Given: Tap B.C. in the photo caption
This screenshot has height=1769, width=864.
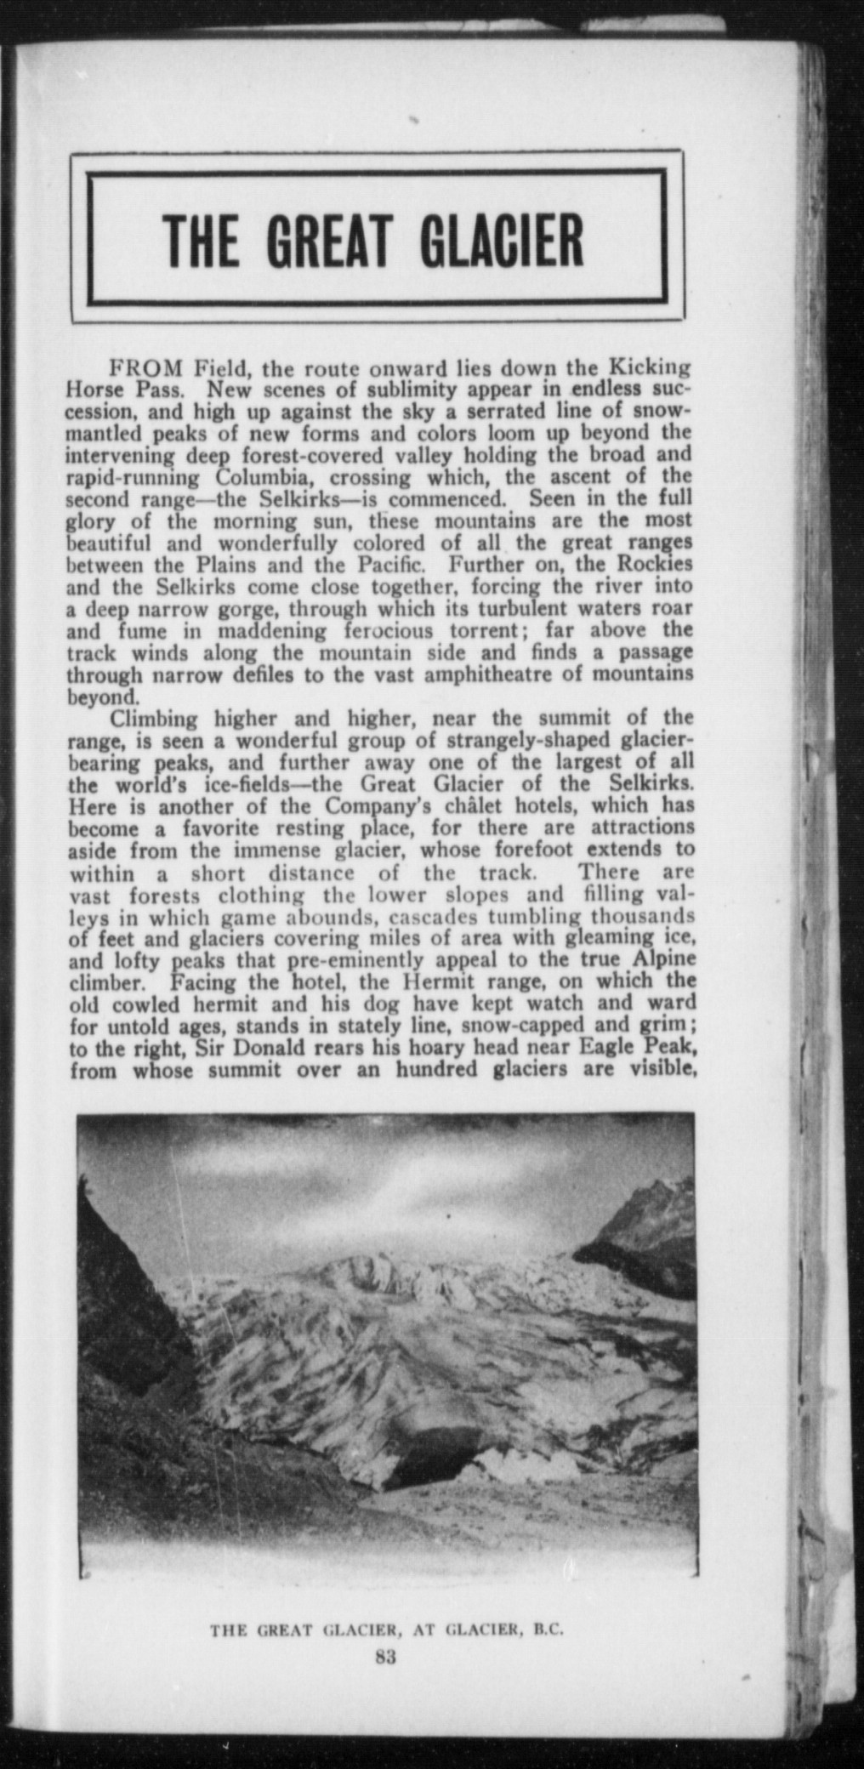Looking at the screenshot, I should point(548,1632).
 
